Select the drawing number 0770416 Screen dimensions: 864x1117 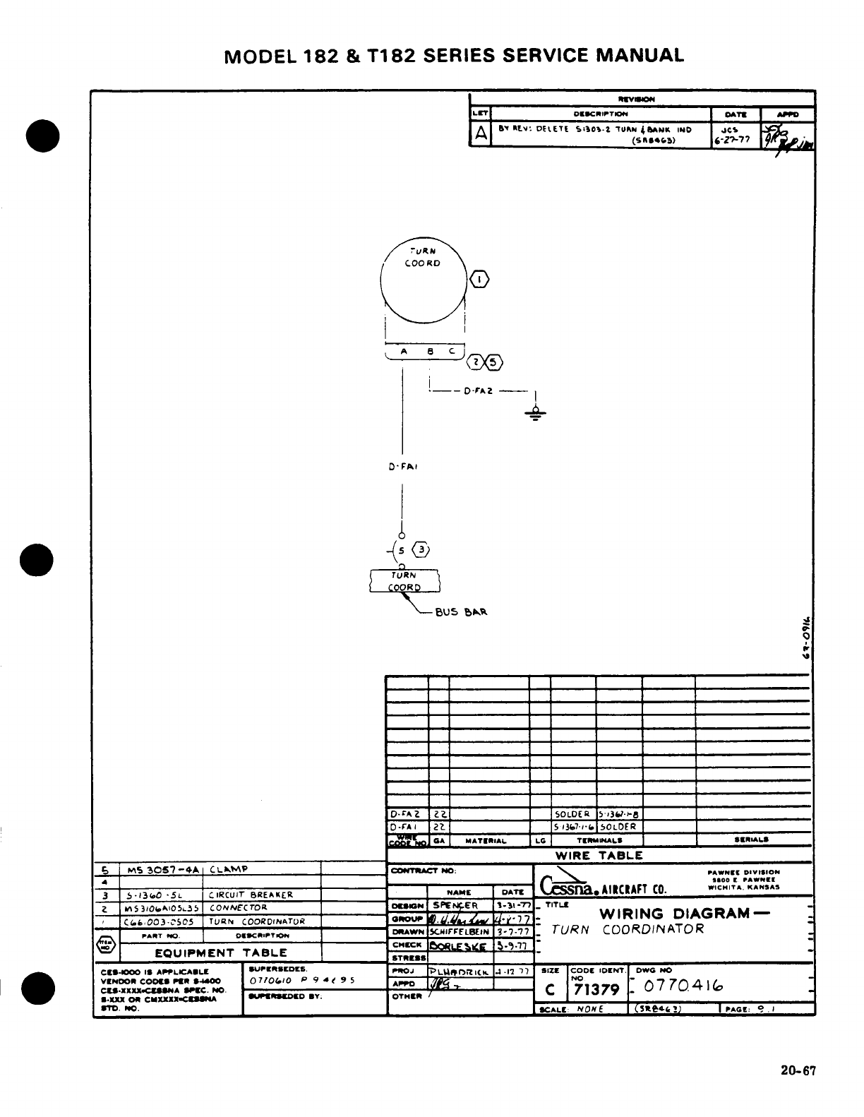point(681,986)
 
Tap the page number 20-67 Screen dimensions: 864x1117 point(798,1070)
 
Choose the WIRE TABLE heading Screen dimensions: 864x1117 point(599,855)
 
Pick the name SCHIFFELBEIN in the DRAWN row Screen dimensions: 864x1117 point(460,932)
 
